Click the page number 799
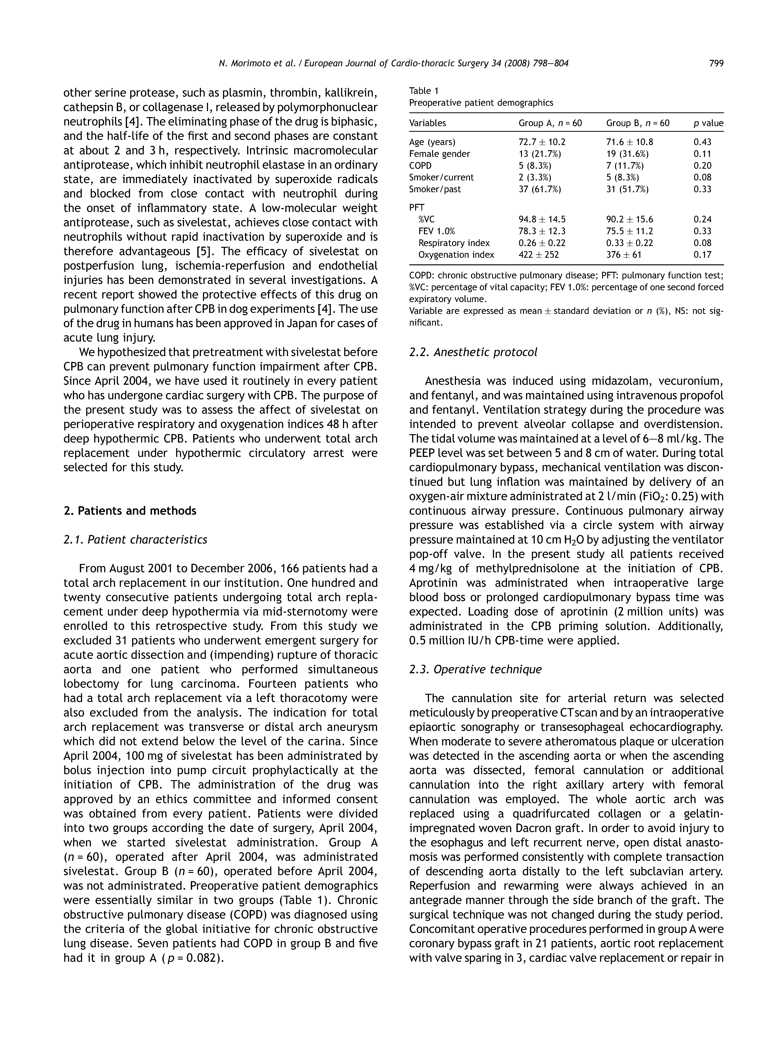(716, 63)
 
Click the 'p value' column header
(708, 123)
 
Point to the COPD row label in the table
(420, 166)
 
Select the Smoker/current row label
(441, 177)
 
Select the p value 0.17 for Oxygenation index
(702, 255)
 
